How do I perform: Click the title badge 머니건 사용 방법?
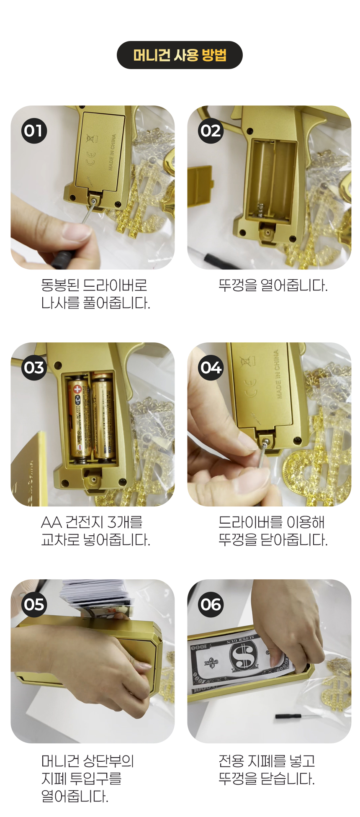[x=180, y=55]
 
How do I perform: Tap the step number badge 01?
[x=34, y=131]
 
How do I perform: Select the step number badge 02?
[x=211, y=131]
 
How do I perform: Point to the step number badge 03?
[x=34, y=367]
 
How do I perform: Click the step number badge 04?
[x=211, y=367]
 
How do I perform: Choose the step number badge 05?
[x=34, y=604]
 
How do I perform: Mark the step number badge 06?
[x=211, y=604]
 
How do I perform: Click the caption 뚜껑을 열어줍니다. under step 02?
[x=273, y=285]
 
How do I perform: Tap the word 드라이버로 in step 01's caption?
[x=115, y=285]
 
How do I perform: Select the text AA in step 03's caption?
[x=51, y=522]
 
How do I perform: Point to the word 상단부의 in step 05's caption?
[x=109, y=760]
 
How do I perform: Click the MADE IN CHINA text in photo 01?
[x=112, y=152]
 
